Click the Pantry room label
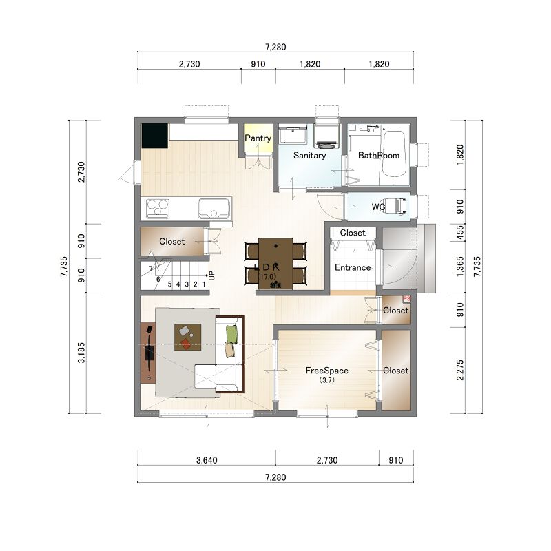258,138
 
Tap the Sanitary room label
309,156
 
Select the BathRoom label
379,156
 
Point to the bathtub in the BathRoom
394,154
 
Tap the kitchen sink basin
214,209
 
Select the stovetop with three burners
158,209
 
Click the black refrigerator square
154,136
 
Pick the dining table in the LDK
275,264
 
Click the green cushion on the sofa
231,335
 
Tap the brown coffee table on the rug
187,337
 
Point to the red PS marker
406,299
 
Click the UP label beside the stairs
211,275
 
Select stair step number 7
151,269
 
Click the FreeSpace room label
326,371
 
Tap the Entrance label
353,267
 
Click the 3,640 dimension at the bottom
207,460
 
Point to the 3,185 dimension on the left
81,353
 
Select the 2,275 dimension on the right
460,370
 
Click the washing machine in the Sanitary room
326,135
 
